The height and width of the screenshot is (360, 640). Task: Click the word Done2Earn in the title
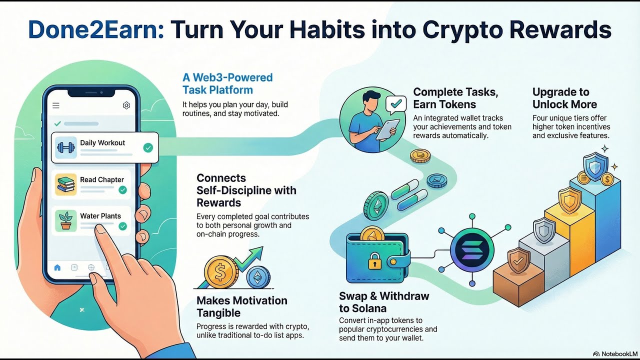tap(94, 30)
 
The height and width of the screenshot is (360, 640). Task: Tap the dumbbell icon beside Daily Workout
tap(66, 147)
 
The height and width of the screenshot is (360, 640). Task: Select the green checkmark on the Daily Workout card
tap(148, 147)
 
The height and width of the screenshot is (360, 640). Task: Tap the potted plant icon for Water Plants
tap(66, 220)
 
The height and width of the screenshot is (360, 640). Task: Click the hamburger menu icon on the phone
tap(56, 105)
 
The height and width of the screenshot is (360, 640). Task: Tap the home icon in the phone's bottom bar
tap(57, 267)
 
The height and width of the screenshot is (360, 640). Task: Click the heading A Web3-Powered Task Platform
tap(227, 83)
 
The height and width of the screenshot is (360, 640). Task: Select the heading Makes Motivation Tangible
tap(241, 306)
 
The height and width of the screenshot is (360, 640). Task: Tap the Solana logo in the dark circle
tap(471, 248)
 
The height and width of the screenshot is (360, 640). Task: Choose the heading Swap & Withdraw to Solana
tap(384, 302)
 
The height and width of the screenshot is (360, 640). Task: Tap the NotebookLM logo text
tap(615, 353)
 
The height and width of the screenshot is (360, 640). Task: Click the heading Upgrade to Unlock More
tap(564, 98)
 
